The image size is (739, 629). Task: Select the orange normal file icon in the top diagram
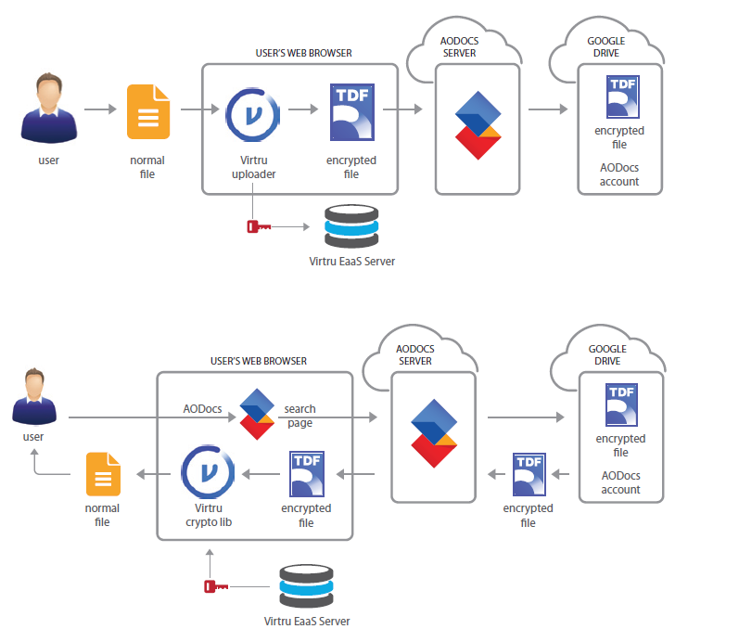pyautogui.click(x=148, y=111)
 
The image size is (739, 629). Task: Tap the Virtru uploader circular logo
pyautogui.click(x=253, y=115)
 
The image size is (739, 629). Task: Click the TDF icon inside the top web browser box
pyautogui.click(x=352, y=112)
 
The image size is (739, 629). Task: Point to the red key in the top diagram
pyautogui.click(x=259, y=226)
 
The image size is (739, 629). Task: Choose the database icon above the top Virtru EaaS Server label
pyautogui.click(x=351, y=225)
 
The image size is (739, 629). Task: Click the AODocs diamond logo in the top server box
pyautogui.click(x=478, y=125)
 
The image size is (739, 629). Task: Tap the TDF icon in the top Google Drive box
pyautogui.click(x=622, y=96)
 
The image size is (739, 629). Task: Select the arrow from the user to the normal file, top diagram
pyautogui.click(x=100, y=109)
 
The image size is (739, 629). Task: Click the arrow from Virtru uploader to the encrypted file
pyautogui.click(x=303, y=109)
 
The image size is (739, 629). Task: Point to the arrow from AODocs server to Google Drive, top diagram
pyautogui.click(x=548, y=109)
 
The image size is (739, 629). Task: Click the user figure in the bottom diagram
pyautogui.click(x=34, y=397)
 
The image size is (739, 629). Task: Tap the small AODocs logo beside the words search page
pyautogui.click(x=257, y=414)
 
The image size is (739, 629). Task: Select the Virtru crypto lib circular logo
pyautogui.click(x=208, y=472)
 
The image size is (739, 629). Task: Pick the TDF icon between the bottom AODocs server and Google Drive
pyautogui.click(x=529, y=475)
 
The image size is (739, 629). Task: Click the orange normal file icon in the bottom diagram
pyautogui.click(x=103, y=474)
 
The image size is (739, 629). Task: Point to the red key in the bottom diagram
pyautogui.click(x=216, y=586)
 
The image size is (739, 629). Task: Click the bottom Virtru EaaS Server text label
pyautogui.click(x=307, y=621)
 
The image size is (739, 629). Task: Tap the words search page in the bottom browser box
pyautogui.click(x=299, y=416)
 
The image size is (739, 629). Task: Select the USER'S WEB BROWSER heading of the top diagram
pyautogui.click(x=304, y=53)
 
